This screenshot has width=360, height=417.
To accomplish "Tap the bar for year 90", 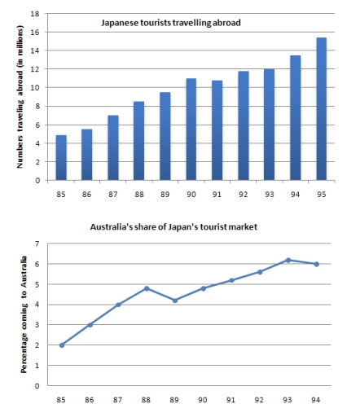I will coord(191,129).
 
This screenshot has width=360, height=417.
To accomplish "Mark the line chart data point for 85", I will coord(61,345).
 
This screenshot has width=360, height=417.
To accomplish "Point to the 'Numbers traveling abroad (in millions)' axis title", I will coord(18,98).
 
